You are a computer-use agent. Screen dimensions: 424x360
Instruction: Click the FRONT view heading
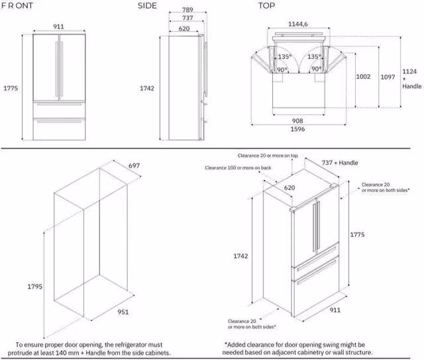tap(17, 5)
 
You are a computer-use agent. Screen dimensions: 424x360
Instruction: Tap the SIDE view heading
tap(147, 6)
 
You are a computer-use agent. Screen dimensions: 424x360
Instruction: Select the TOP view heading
tap(266, 6)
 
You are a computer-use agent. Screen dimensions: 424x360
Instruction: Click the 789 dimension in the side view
tap(187, 10)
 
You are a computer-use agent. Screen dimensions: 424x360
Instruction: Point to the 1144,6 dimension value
tap(297, 24)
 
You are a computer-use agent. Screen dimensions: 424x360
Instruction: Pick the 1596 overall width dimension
tap(297, 129)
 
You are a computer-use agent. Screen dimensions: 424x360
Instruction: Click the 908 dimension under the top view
tap(297, 120)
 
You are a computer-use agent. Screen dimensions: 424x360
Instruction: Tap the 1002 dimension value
tap(363, 76)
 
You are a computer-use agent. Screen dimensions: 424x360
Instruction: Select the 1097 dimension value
tap(388, 77)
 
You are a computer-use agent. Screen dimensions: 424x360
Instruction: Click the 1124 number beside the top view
tap(409, 71)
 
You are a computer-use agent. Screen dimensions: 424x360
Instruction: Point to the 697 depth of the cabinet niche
tap(134, 165)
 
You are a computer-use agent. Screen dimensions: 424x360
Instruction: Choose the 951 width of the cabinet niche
tap(123, 312)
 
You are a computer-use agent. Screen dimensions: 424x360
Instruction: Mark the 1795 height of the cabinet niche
tap(35, 287)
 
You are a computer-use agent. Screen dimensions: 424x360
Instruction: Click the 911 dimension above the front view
tap(58, 26)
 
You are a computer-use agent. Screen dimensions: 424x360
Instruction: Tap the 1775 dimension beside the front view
tap(11, 88)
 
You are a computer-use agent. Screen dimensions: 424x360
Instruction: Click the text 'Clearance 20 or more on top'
tap(268, 156)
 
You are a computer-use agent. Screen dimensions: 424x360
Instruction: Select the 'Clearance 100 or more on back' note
tap(238, 167)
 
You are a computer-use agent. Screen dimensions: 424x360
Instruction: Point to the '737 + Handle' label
tap(340, 163)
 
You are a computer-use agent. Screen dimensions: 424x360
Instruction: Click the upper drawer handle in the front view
tap(59, 104)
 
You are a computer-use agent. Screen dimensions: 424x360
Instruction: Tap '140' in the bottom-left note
tap(61, 353)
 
